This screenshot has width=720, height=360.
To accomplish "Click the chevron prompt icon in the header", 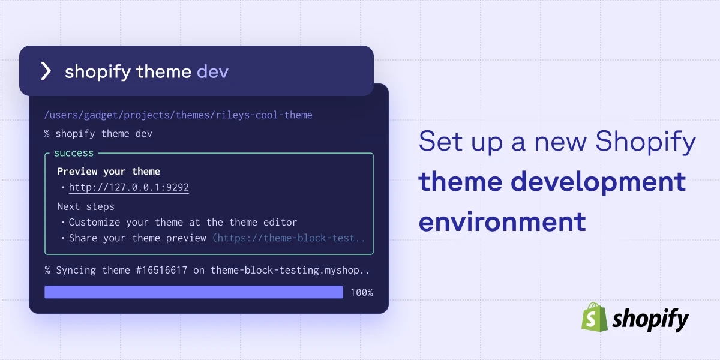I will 46,71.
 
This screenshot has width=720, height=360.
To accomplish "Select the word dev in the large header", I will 212,72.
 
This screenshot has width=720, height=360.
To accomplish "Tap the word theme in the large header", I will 163,72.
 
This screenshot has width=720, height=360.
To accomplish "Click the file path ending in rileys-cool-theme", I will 178,115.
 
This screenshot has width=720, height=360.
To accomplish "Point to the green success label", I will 74,153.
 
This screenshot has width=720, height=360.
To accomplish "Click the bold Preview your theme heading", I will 109,172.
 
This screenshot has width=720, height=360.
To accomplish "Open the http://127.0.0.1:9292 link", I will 128,187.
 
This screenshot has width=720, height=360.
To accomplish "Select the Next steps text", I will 86,206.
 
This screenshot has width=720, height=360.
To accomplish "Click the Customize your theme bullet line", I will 183,222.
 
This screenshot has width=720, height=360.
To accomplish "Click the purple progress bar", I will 193,292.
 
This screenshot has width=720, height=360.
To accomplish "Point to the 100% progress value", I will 362,293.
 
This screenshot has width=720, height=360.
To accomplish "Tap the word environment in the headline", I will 502,221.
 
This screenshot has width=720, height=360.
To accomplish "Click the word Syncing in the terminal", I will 76,270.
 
